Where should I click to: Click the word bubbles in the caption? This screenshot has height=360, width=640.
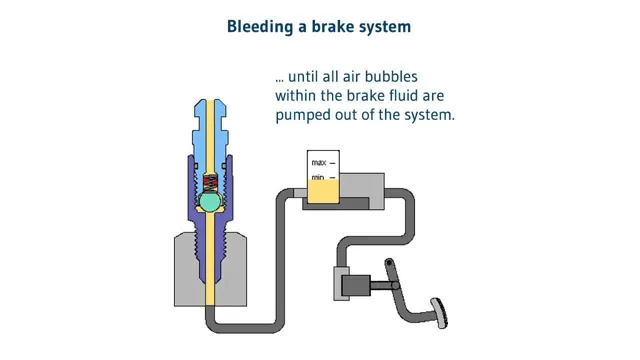[391, 77]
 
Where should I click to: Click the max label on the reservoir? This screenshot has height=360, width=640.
[319, 163]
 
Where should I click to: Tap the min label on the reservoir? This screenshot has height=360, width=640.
[318, 178]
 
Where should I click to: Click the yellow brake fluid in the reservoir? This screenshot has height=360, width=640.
[323, 191]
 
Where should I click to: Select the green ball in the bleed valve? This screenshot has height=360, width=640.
[210, 201]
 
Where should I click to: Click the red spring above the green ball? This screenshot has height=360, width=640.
[210, 182]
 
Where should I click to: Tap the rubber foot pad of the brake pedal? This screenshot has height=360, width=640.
[440, 313]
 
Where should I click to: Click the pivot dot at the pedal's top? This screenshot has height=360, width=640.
[389, 262]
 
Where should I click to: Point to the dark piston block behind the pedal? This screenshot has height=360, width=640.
[356, 285]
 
